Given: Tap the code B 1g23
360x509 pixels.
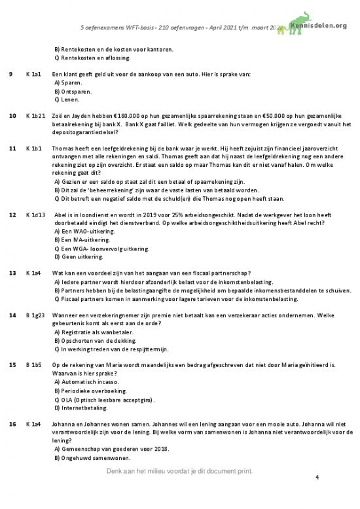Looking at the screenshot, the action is (x=35, y=315).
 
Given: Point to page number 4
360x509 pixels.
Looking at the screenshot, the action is (x=317, y=478).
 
